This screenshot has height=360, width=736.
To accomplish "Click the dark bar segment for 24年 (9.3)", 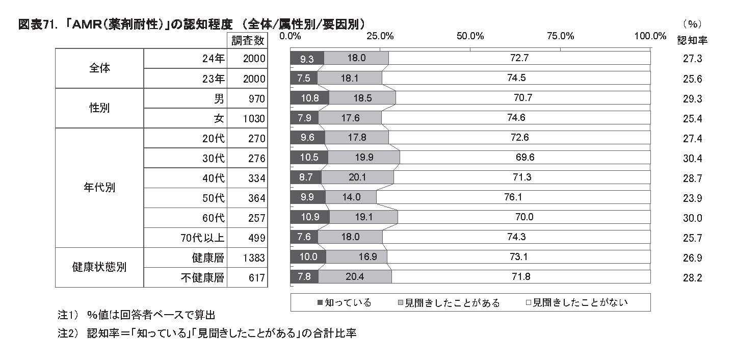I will tap(307, 58).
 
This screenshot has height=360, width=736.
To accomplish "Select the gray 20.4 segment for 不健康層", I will tap(355, 277).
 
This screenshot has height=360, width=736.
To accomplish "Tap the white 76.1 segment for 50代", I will tap(513, 197).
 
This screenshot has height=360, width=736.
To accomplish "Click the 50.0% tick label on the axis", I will tap(470, 36).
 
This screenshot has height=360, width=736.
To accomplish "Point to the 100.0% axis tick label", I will tap(650, 36).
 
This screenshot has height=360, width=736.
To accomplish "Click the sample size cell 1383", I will tap(254, 258).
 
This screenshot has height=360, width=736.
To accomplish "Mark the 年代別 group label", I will tap(99, 187).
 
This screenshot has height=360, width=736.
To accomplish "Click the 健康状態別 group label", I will tap(99, 267).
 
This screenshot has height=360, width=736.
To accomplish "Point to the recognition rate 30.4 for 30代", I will tap(692, 158).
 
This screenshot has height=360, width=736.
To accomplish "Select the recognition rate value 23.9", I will tap(692, 198).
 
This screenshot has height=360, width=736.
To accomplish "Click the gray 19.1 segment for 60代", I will tap(363, 217).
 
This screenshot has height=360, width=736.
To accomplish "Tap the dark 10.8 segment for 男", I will tap(309, 98).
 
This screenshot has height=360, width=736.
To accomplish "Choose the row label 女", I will tap(219, 118).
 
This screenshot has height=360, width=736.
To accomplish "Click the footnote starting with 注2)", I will tap(207, 333).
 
